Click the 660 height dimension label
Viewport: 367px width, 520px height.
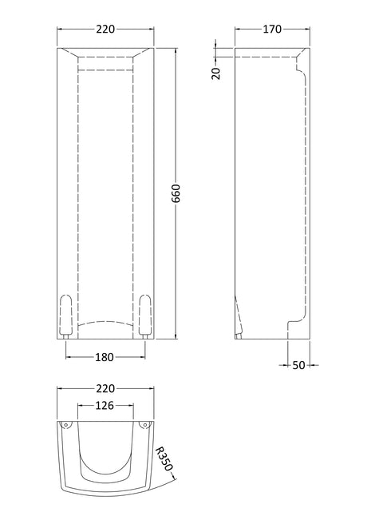coord(176,193)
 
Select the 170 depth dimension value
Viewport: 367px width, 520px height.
coord(272,30)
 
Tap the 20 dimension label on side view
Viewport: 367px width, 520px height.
coord(216,73)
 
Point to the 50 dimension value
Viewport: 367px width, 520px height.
coord(298,365)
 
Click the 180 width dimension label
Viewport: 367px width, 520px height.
coord(105,357)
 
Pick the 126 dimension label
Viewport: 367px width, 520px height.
coord(105,405)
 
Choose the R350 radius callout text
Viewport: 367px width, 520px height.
coord(164,458)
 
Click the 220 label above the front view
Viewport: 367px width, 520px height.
coord(105,30)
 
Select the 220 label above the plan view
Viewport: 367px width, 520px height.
coord(105,388)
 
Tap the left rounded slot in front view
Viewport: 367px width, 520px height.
coord(65,314)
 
